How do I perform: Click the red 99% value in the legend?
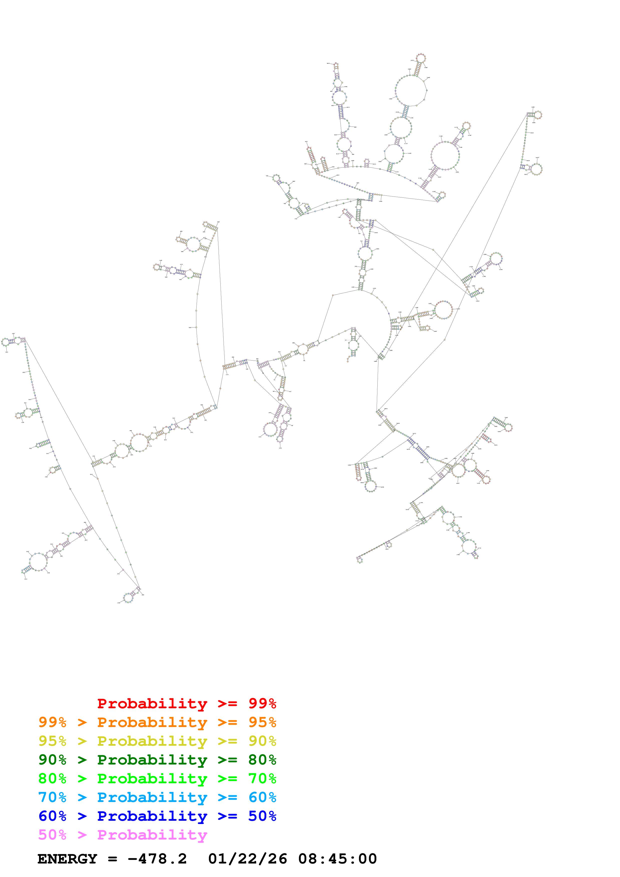tap(262, 703)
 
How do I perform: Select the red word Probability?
tap(152, 703)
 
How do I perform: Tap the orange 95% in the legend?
tap(262, 722)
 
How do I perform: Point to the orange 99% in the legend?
tap(52, 722)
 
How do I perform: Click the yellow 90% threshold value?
tap(262, 741)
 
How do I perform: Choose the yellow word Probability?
tap(152, 741)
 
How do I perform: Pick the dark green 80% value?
tap(262, 760)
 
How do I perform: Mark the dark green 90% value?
tap(52, 760)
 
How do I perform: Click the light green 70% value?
tap(262, 778)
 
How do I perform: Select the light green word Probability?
tap(152, 778)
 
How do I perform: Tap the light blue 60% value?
tap(262, 797)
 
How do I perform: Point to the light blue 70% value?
tap(52, 797)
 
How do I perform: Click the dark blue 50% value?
tap(262, 816)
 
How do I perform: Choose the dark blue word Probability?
tap(152, 816)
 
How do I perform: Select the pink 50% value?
tap(52, 834)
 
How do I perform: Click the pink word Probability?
tap(152, 834)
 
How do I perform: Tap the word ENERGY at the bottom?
tap(67, 859)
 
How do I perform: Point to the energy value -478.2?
tap(157, 859)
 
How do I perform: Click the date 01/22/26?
tap(247, 859)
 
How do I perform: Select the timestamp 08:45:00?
tap(337, 859)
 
